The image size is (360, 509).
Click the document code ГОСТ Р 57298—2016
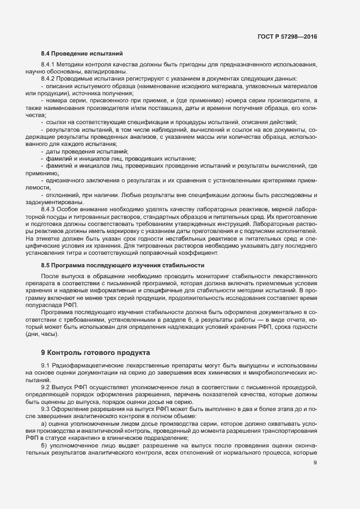286,37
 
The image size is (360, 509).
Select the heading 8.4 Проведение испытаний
82,54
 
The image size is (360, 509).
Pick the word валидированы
108,72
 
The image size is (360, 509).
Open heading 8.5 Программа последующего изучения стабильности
123,265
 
